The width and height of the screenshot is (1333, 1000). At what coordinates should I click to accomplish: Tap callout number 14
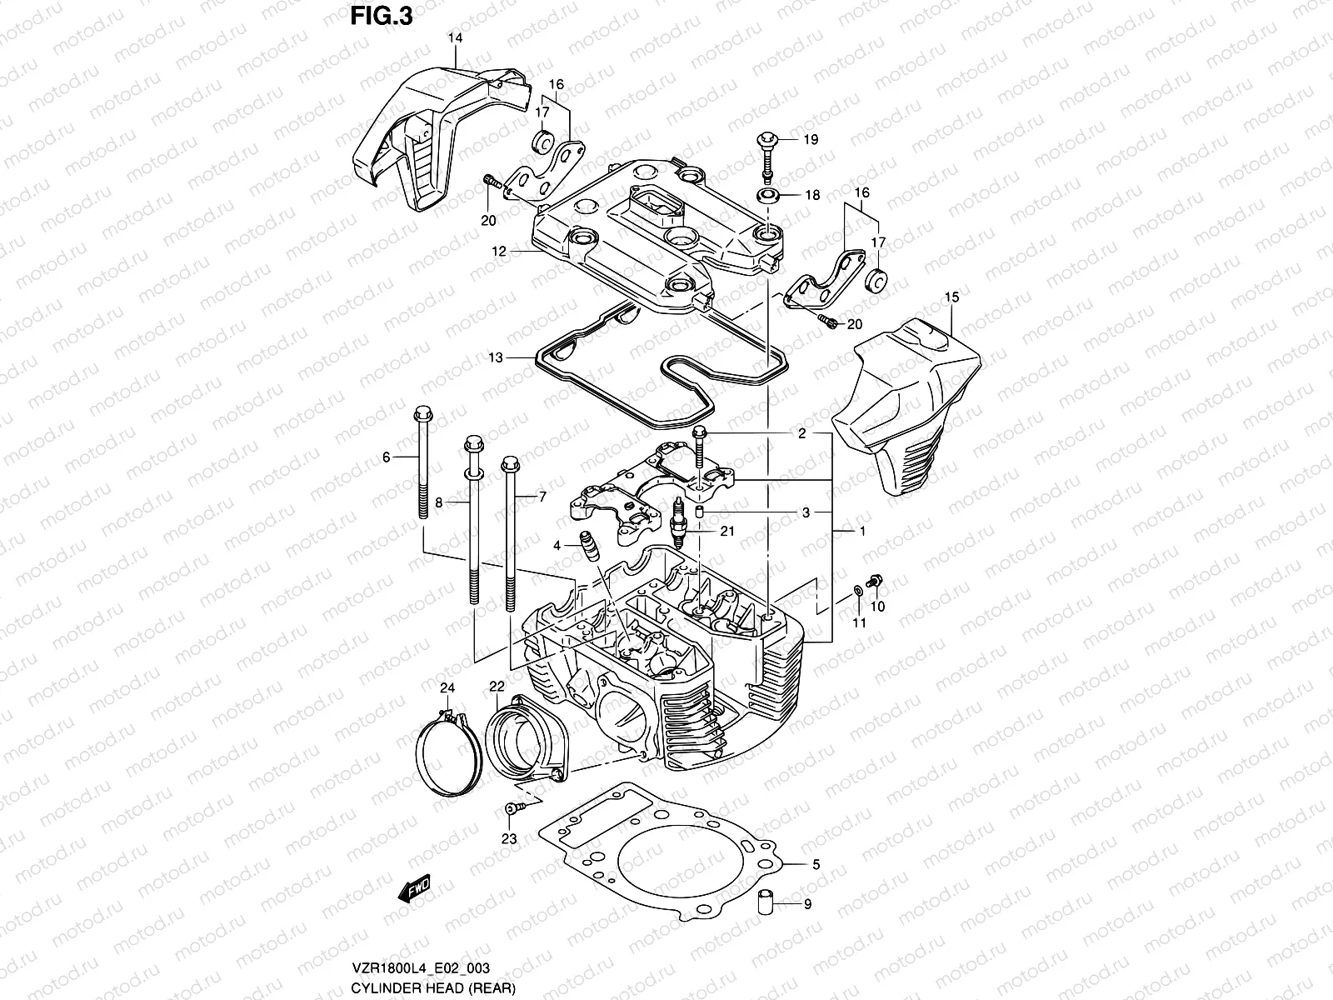(x=456, y=38)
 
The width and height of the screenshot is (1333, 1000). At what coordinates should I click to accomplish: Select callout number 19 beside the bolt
(x=811, y=139)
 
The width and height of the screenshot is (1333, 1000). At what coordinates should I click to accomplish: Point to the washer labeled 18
(x=768, y=196)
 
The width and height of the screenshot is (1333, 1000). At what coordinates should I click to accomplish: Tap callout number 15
(x=952, y=297)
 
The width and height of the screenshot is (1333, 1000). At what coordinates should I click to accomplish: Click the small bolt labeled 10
(x=874, y=580)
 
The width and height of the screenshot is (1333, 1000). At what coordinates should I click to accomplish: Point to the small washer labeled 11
(x=856, y=593)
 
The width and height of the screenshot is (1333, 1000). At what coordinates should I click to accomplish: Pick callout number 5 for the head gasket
(x=816, y=865)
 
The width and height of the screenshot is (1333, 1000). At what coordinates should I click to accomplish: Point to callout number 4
(x=556, y=546)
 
